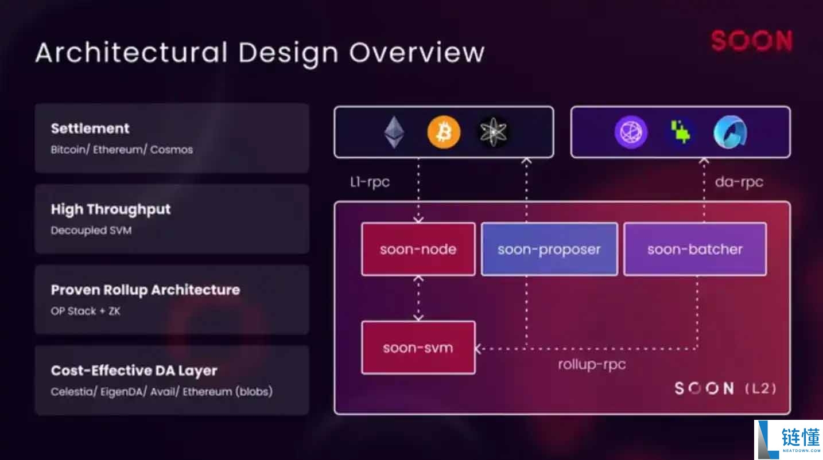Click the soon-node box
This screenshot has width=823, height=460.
(418, 250)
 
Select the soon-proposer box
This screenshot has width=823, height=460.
(549, 250)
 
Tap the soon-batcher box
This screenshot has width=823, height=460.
(694, 250)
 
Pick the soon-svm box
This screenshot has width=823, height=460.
(418, 348)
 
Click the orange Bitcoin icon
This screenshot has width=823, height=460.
(444, 132)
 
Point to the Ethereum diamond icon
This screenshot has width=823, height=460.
(394, 132)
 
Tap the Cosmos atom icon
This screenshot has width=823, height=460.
(494, 132)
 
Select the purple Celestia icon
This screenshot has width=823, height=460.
(631, 132)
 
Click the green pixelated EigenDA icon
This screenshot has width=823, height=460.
(680, 132)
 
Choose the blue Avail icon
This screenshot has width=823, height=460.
(729, 132)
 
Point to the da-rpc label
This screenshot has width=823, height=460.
(739, 182)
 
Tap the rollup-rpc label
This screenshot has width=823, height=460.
(591, 364)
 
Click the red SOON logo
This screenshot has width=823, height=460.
(751, 41)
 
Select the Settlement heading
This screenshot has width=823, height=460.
(90, 128)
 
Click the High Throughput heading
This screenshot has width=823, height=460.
(111, 209)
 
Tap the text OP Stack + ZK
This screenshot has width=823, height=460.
(86, 311)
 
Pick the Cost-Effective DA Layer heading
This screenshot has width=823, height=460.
(134, 371)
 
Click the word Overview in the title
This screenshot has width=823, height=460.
(417, 53)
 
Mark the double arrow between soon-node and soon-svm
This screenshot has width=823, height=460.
(418, 298)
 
